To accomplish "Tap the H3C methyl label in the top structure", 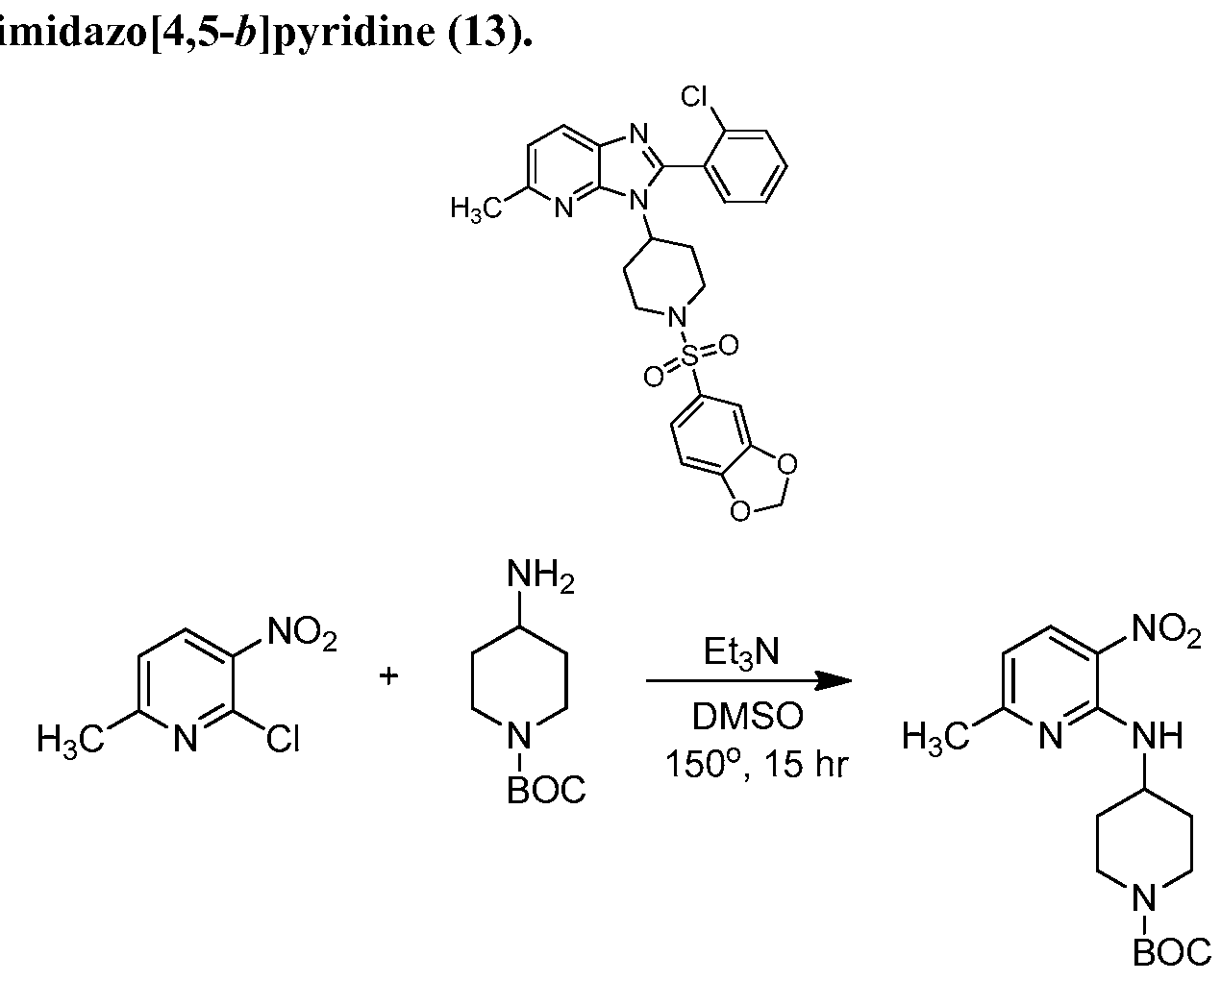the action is pyautogui.click(x=477, y=208).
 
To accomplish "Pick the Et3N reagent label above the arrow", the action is pyautogui.click(x=741, y=651).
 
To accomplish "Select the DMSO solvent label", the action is pyautogui.click(x=747, y=716).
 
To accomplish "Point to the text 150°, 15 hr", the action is pyautogui.click(x=757, y=763).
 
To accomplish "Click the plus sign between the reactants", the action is pyautogui.click(x=388, y=675).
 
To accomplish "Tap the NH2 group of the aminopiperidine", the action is pyautogui.click(x=540, y=575).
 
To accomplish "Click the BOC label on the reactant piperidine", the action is pyautogui.click(x=546, y=790).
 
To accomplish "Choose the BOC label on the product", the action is pyautogui.click(x=1172, y=951).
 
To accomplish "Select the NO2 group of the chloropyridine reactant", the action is pyautogui.click(x=302, y=633).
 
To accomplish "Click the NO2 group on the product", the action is pyautogui.click(x=1166, y=631).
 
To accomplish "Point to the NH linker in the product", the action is pyautogui.click(x=1158, y=736).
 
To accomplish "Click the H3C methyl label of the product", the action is pyautogui.click(x=936, y=739).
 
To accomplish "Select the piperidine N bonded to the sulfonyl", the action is pyautogui.click(x=676, y=316).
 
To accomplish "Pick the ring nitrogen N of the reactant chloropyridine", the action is pyautogui.click(x=185, y=739).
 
